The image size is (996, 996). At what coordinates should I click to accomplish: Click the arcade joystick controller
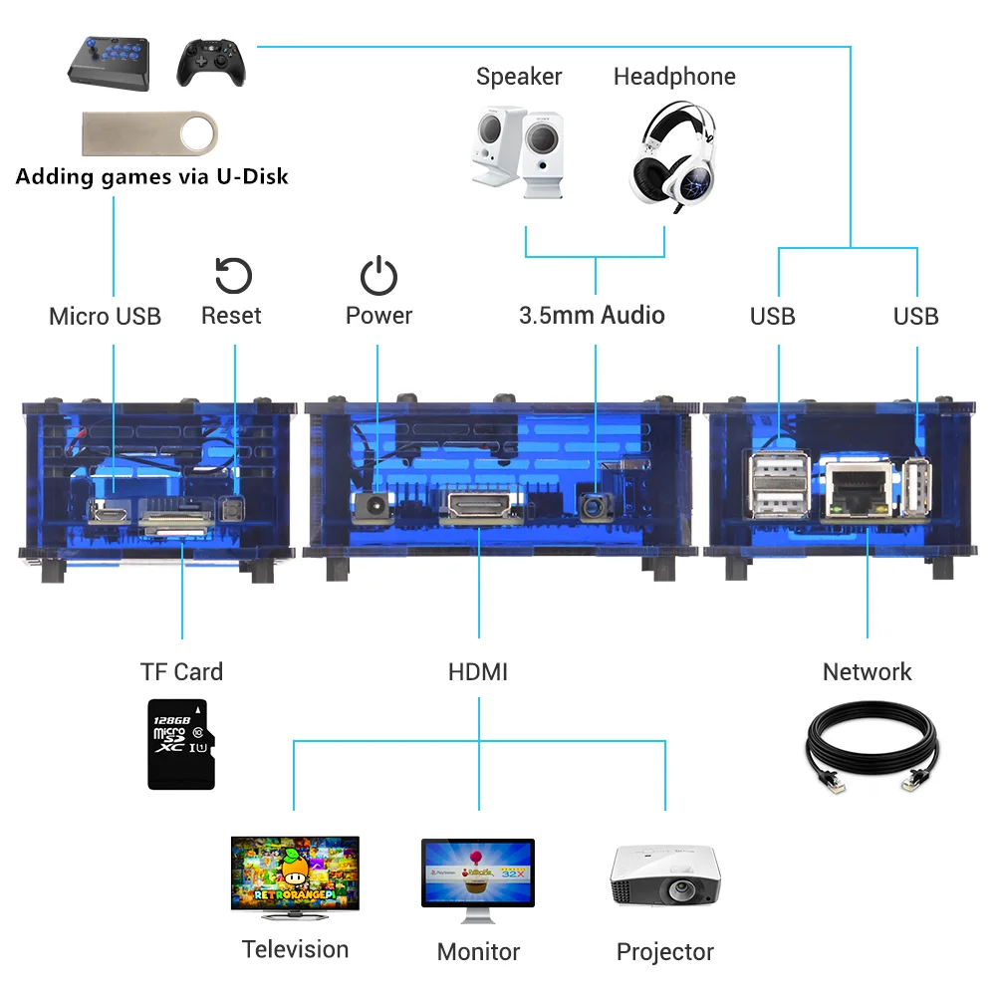point(109,62)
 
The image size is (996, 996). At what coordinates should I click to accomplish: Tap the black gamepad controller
point(210,62)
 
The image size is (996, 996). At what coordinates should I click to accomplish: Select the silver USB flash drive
point(148,133)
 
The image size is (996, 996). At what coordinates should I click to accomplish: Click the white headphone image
point(674,152)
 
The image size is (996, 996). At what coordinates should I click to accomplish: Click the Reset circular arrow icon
point(233,276)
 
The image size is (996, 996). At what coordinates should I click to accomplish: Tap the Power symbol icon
point(378,276)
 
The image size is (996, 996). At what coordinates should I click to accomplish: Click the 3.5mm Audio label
point(592,316)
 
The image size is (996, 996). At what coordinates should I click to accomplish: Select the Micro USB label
point(105,317)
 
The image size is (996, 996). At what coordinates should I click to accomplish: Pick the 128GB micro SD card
point(181,744)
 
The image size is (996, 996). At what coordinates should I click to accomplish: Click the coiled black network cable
point(870,746)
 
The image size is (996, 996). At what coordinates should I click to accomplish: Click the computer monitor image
point(477,875)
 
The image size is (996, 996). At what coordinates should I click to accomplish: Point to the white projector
point(664,875)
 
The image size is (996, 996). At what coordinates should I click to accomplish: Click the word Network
point(867,672)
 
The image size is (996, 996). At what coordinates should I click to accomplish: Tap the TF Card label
point(181,672)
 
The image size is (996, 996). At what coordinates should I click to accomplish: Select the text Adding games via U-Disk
point(151,177)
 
